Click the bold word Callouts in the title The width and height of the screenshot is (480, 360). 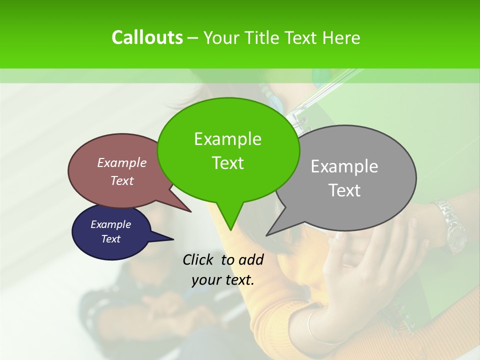pyautogui.click(x=147, y=37)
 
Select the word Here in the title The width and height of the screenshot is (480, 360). pyautogui.click(x=341, y=37)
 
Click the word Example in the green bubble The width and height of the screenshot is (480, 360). pyautogui.click(x=227, y=139)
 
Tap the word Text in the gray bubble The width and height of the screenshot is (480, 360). pyautogui.click(x=344, y=190)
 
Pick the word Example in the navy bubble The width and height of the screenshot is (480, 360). pyautogui.click(x=110, y=224)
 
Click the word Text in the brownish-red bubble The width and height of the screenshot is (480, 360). pyautogui.click(x=122, y=181)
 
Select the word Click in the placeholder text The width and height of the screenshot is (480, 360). pyautogui.click(x=199, y=259)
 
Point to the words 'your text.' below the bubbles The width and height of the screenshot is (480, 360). pyautogui.click(x=223, y=280)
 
